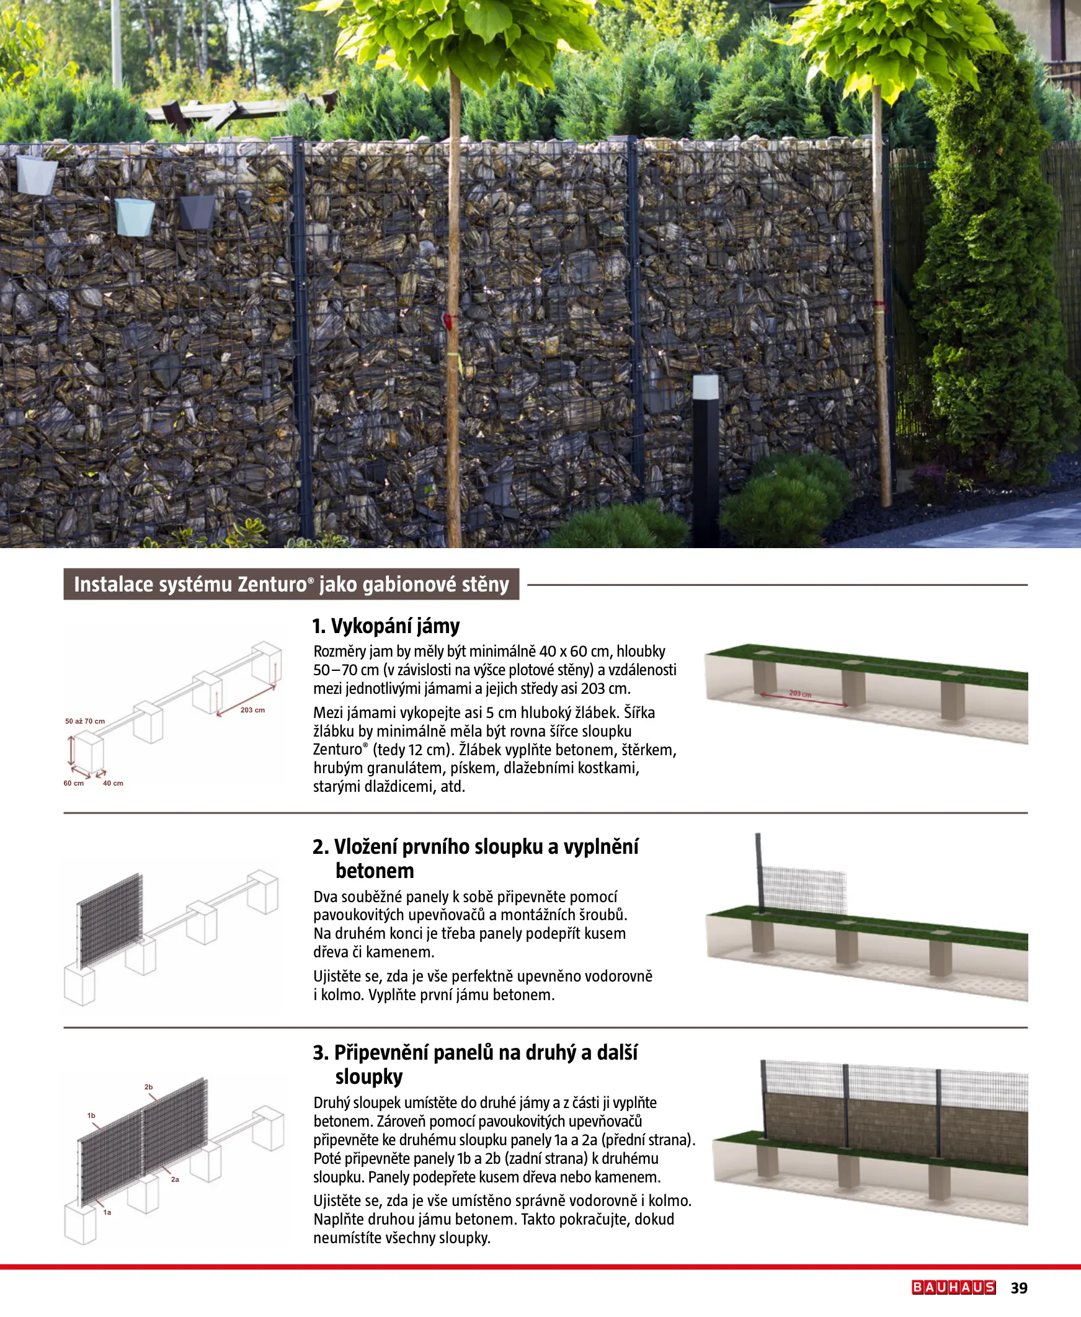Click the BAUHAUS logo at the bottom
(x=953, y=1287)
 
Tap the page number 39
(x=1019, y=1288)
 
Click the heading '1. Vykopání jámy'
(x=385, y=626)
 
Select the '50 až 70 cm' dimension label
(x=85, y=721)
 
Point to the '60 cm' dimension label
(x=73, y=783)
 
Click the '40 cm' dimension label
(x=113, y=783)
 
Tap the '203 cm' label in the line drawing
(x=252, y=710)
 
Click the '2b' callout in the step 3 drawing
(x=148, y=1087)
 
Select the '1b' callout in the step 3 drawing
(x=91, y=1115)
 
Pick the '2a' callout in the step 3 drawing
(x=175, y=1179)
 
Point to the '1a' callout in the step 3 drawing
(x=107, y=1212)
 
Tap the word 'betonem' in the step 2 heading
(x=374, y=871)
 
